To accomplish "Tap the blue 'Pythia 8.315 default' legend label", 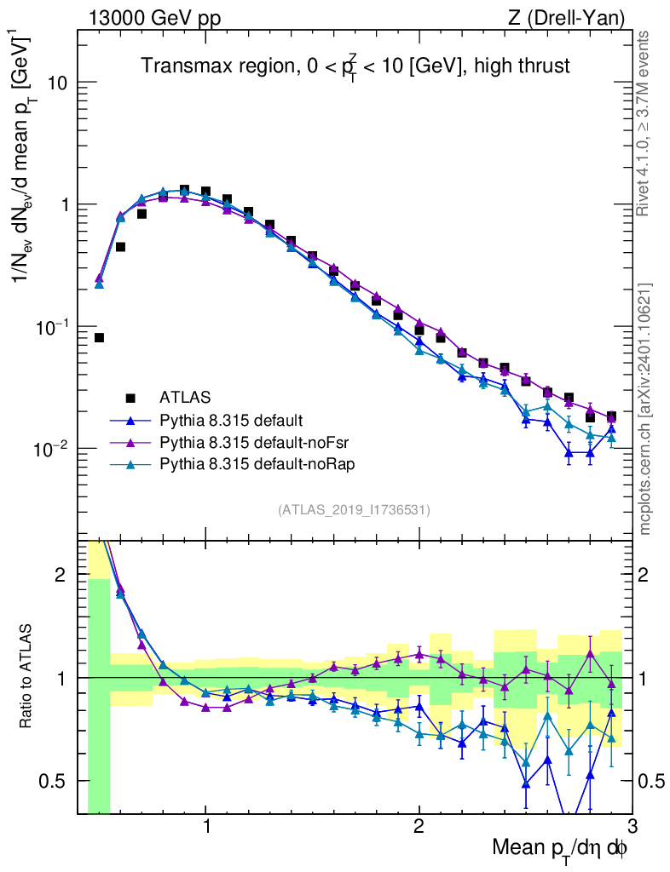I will click(x=231, y=419).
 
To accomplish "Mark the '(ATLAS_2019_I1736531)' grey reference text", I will click(x=354, y=510).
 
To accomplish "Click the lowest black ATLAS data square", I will click(x=99, y=338).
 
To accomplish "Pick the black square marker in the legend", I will click(x=130, y=397).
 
